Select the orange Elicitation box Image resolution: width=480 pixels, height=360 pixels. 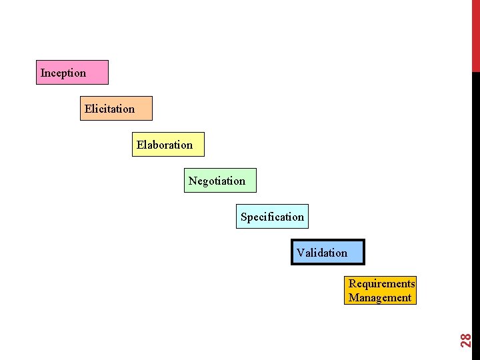coord(116,108)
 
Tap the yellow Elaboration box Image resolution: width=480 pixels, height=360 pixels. coord(167,144)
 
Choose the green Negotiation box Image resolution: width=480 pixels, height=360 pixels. coord(219,180)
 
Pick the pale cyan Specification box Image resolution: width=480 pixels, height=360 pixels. coord(272,216)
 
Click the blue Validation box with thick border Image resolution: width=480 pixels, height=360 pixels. coord(328,252)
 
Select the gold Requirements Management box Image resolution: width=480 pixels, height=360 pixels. coord(381,291)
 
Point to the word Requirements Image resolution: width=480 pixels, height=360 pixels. coord(381,284)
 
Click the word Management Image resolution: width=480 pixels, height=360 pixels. coord(380,298)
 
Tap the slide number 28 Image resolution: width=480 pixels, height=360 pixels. coord(467,339)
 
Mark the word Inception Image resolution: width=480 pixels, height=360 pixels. coord(63,73)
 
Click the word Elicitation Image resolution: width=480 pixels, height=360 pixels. coord(109,109)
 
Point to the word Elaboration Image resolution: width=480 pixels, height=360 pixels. coord(165,145)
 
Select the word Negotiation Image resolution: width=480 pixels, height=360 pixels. coord(217,181)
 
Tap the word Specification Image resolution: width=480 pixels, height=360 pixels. coord(272,217)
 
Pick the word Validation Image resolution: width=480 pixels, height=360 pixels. coord(322,253)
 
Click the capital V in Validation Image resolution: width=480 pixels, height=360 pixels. coord(301,253)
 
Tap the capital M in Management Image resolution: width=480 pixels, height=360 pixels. coord(353,298)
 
